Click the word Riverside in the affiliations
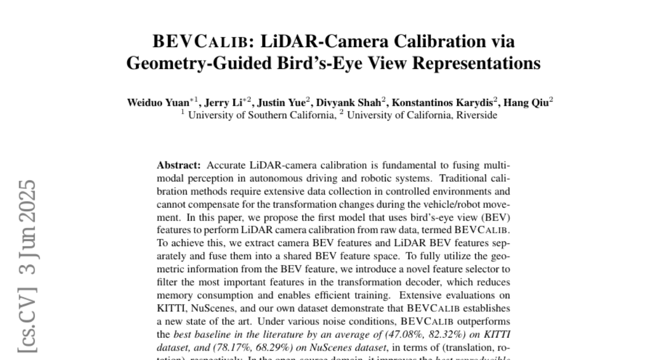click(477, 115)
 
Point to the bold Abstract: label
click(180, 166)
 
